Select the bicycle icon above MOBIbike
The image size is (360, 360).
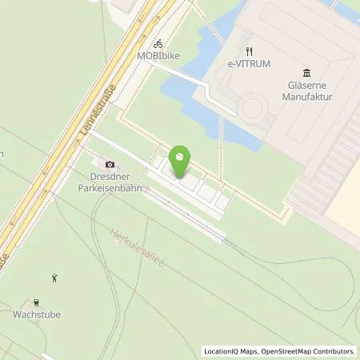tap(158, 43)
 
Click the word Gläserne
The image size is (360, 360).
tap(310, 85)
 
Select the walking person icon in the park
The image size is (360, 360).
tap(55, 278)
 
